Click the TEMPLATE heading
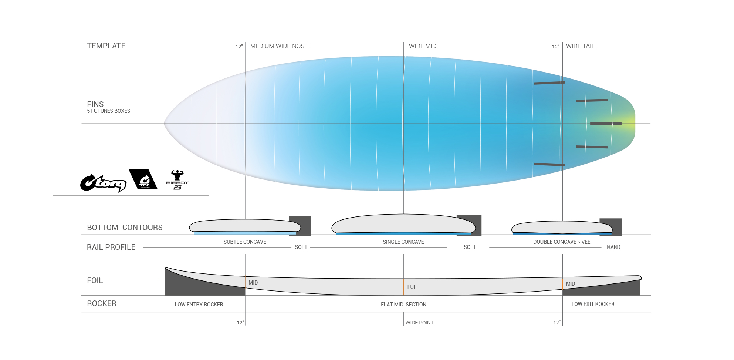pos(106,46)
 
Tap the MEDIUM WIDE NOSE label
pos(279,46)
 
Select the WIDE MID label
pos(422,46)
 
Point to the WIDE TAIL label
pos(580,46)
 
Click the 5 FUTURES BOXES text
pos(108,111)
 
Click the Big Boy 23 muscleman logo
pos(177,180)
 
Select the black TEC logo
pos(143,179)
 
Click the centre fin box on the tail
pos(606,124)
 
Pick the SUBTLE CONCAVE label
pos(245,242)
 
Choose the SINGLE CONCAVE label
pos(403,242)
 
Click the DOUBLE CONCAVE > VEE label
pos(562,242)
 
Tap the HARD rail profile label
pos(613,247)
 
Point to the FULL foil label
pos(413,287)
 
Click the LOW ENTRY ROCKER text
pos(199,305)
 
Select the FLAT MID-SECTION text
pos(403,305)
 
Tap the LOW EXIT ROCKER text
pos(593,304)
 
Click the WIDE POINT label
pos(419,323)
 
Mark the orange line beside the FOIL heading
pos(135,280)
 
